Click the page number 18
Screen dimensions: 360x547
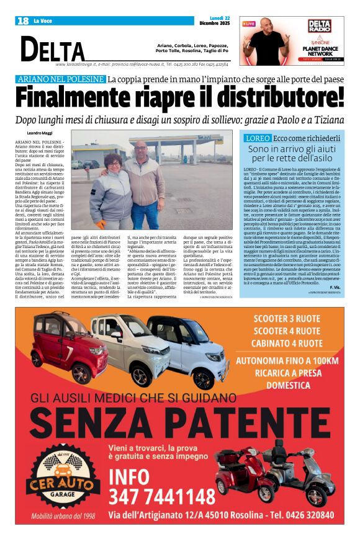point(23,21)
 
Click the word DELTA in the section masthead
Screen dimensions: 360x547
point(52,50)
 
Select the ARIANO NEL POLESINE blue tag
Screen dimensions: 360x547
point(60,79)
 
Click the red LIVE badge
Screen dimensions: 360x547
point(249,24)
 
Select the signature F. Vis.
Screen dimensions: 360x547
point(335,288)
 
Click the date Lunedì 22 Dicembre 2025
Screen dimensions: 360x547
point(214,21)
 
